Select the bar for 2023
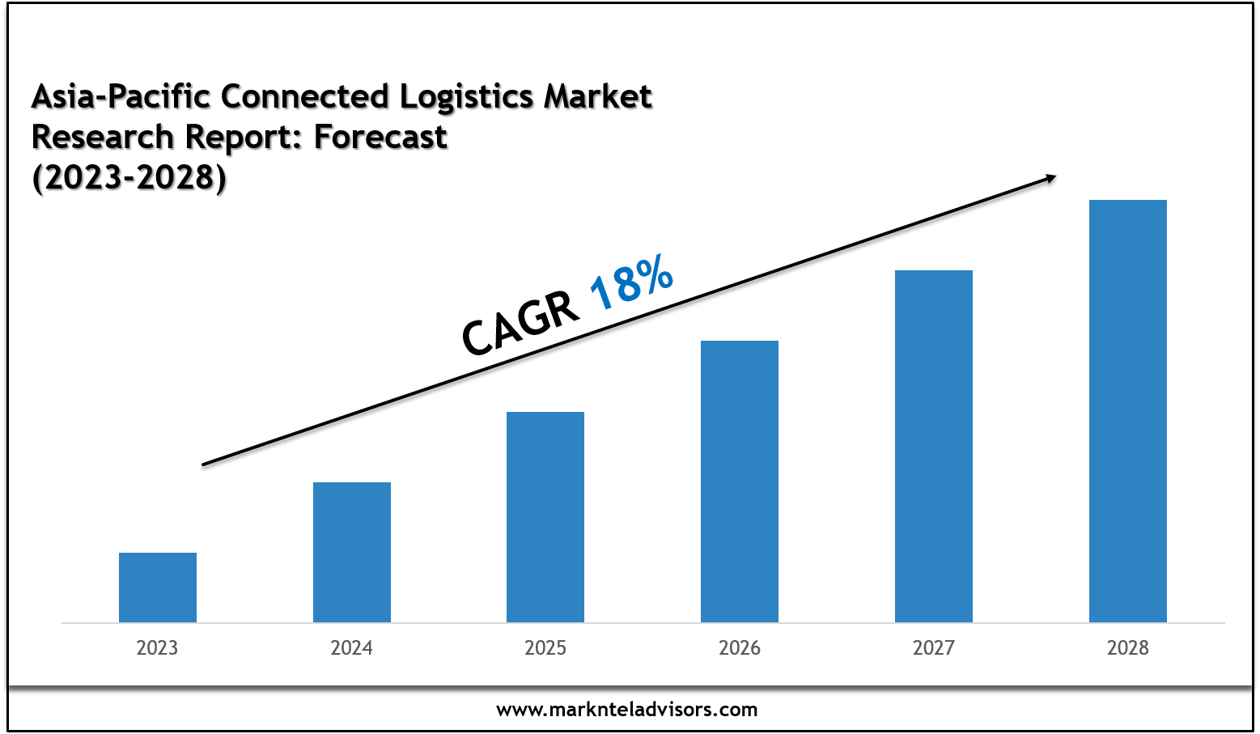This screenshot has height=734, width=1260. click(158, 588)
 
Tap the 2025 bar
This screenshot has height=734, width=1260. click(545, 517)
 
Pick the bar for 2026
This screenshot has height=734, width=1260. click(740, 482)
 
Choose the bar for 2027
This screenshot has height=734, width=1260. click(934, 446)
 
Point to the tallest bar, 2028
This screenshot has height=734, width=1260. click(1128, 411)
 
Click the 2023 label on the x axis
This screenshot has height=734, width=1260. click(157, 648)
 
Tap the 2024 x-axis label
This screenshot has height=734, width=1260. click(351, 648)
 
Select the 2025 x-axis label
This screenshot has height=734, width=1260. click(545, 648)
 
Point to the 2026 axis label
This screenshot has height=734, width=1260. click(740, 648)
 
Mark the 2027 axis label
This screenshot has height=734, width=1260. click(934, 648)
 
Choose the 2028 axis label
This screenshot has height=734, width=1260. click(1128, 648)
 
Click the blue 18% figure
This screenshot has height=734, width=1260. click(632, 282)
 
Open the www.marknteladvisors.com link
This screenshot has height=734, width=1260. click(627, 710)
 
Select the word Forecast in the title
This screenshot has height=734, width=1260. click(380, 138)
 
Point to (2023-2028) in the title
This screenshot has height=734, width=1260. click(129, 178)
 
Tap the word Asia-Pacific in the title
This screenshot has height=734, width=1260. click(121, 97)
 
